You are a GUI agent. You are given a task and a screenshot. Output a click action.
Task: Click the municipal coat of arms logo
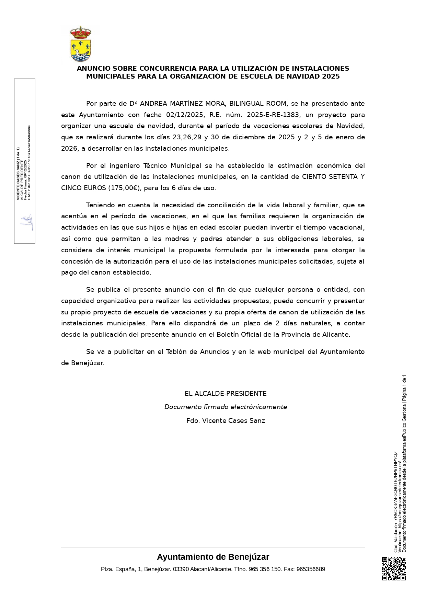[x=80, y=44]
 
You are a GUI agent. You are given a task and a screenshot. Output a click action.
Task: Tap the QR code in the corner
[x=394, y=569]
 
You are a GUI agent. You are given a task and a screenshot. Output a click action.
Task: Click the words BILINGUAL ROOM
[x=258, y=104]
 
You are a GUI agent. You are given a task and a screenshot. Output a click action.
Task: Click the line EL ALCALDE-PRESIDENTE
[x=226, y=394]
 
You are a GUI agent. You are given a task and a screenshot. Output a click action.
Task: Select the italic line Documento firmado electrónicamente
[x=226, y=407]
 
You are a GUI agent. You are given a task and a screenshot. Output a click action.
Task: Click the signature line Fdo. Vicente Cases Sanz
[x=226, y=421]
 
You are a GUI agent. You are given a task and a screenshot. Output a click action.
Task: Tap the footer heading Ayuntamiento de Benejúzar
[x=213, y=557]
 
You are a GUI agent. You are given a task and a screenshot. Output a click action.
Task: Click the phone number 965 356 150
[x=265, y=569]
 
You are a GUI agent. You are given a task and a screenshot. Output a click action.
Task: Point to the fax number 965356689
[x=311, y=569]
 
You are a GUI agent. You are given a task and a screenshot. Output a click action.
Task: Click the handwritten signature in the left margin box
[x=27, y=222]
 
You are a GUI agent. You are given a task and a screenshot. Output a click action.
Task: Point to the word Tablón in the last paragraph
[x=176, y=352]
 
